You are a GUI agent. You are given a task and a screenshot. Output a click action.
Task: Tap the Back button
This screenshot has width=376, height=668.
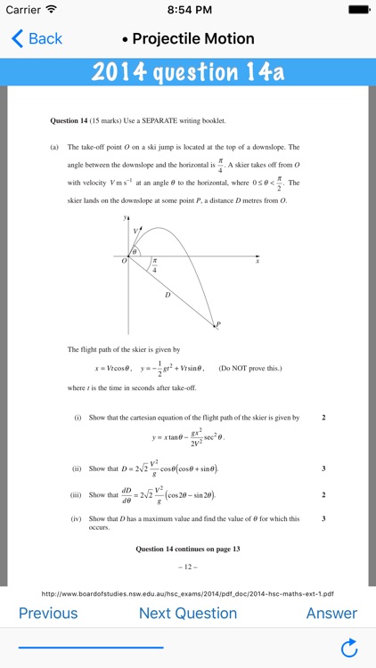pos(37,38)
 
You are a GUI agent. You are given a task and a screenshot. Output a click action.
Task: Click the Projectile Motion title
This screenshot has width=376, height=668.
pos(193,38)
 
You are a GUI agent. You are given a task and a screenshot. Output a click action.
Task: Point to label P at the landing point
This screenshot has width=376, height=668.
pos(218,325)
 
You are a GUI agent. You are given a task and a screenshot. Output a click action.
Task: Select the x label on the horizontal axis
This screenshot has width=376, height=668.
pos(257,262)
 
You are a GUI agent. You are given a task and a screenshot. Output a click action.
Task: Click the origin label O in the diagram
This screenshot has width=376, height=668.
pos(125,261)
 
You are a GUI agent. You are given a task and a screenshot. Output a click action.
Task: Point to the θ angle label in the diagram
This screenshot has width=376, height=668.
pos(135,252)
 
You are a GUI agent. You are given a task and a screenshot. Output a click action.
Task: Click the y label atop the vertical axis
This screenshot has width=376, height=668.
pos(125,216)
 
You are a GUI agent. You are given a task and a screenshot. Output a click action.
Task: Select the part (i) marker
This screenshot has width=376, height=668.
pos(78,417)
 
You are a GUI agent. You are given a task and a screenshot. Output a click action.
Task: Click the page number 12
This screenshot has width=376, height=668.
pos(188,567)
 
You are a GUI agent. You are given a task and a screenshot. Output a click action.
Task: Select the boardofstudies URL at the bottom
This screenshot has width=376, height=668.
pos(188,593)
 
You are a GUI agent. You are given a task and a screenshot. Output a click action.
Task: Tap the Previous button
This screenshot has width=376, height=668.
pos(48,613)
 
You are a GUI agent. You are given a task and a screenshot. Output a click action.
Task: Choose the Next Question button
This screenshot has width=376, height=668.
pos(188,613)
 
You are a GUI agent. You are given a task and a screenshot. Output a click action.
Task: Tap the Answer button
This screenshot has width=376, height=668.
pos(331,613)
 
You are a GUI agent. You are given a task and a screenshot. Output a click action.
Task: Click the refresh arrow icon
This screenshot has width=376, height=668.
pos(349,647)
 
